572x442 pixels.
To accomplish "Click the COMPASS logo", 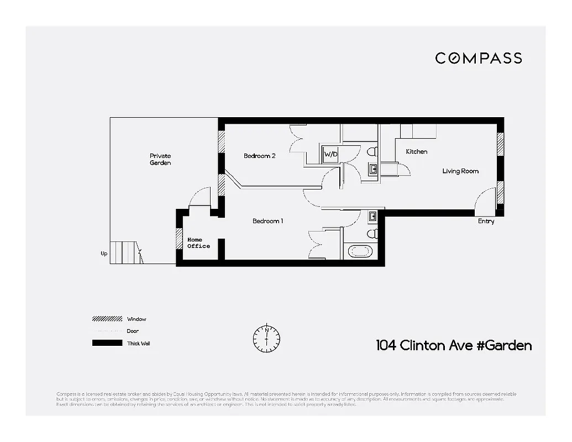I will pos(478,58).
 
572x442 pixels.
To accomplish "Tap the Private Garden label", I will pos(160,159).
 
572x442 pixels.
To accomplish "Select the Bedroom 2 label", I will pos(259,156).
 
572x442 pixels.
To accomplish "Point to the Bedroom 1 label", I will pos(267,221).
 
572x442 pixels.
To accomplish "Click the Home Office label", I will pos(198,243).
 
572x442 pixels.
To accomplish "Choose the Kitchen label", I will pos(416,151).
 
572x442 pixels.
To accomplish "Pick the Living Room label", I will pos(460,171).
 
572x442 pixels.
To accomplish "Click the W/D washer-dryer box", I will pos(330,154).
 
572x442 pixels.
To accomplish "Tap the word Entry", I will pos(486,222).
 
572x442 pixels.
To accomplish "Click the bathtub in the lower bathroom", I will pos(360,251).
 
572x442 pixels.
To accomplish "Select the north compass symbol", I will pos(266,338).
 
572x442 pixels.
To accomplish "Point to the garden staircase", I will pos(126,252).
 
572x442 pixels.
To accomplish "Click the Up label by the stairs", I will pos(104,254).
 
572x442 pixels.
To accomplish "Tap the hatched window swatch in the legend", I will pos(107,319).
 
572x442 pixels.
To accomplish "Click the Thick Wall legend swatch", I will pos(107,343).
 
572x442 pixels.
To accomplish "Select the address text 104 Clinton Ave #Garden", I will pos(454,346).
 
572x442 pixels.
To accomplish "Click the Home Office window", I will pos(179,239).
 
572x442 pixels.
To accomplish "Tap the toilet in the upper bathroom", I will pos(372,151).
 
